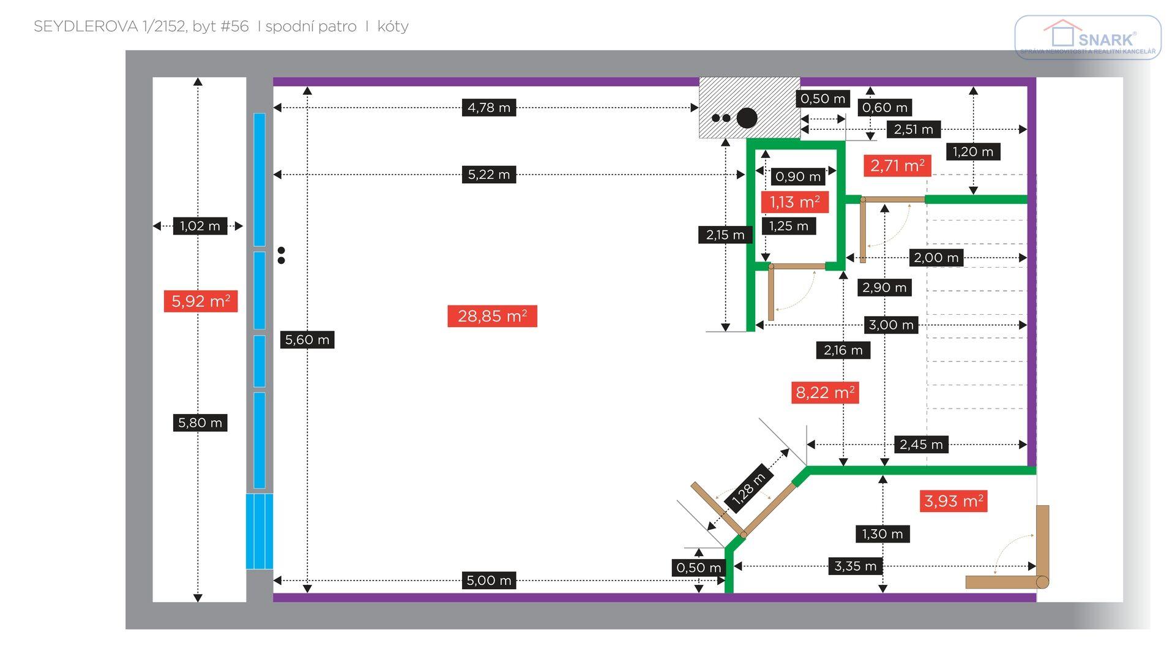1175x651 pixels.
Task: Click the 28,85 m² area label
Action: pyautogui.click(x=492, y=316)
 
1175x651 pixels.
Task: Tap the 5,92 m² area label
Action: pyautogui.click(x=200, y=301)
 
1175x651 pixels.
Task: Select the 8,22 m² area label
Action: pyautogui.click(x=825, y=393)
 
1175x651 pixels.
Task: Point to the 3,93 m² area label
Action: pyautogui.click(x=953, y=501)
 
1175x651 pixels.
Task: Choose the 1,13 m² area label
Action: pyautogui.click(x=794, y=202)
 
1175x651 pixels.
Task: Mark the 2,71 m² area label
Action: pyautogui.click(x=897, y=165)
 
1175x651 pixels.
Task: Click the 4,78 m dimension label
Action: pyautogui.click(x=488, y=108)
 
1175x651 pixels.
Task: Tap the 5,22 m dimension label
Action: pyautogui.click(x=488, y=175)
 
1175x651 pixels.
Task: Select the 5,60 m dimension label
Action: pyautogui.click(x=307, y=340)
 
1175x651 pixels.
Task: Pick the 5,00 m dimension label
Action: pyautogui.click(x=488, y=581)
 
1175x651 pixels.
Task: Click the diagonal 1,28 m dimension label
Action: pyautogui.click(x=748, y=489)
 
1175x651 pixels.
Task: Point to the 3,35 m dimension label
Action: pyautogui.click(x=855, y=566)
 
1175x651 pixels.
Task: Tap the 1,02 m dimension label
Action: pyautogui.click(x=200, y=226)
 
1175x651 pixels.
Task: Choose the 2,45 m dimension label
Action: pyautogui.click(x=920, y=445)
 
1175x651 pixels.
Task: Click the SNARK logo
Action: pyautogui.click(x=1087, y=38)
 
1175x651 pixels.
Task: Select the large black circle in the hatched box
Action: pyautogui.click(x=747, y=118)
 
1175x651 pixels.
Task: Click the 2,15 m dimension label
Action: pyautogui.click(x=725, y=235)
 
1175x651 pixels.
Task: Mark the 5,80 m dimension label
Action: pyautogui.click(x=200, y=423)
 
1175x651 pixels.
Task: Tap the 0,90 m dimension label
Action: pyautogui.click(x=797, y=177)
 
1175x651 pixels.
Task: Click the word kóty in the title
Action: pyautogui.click(x=393, y=26)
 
